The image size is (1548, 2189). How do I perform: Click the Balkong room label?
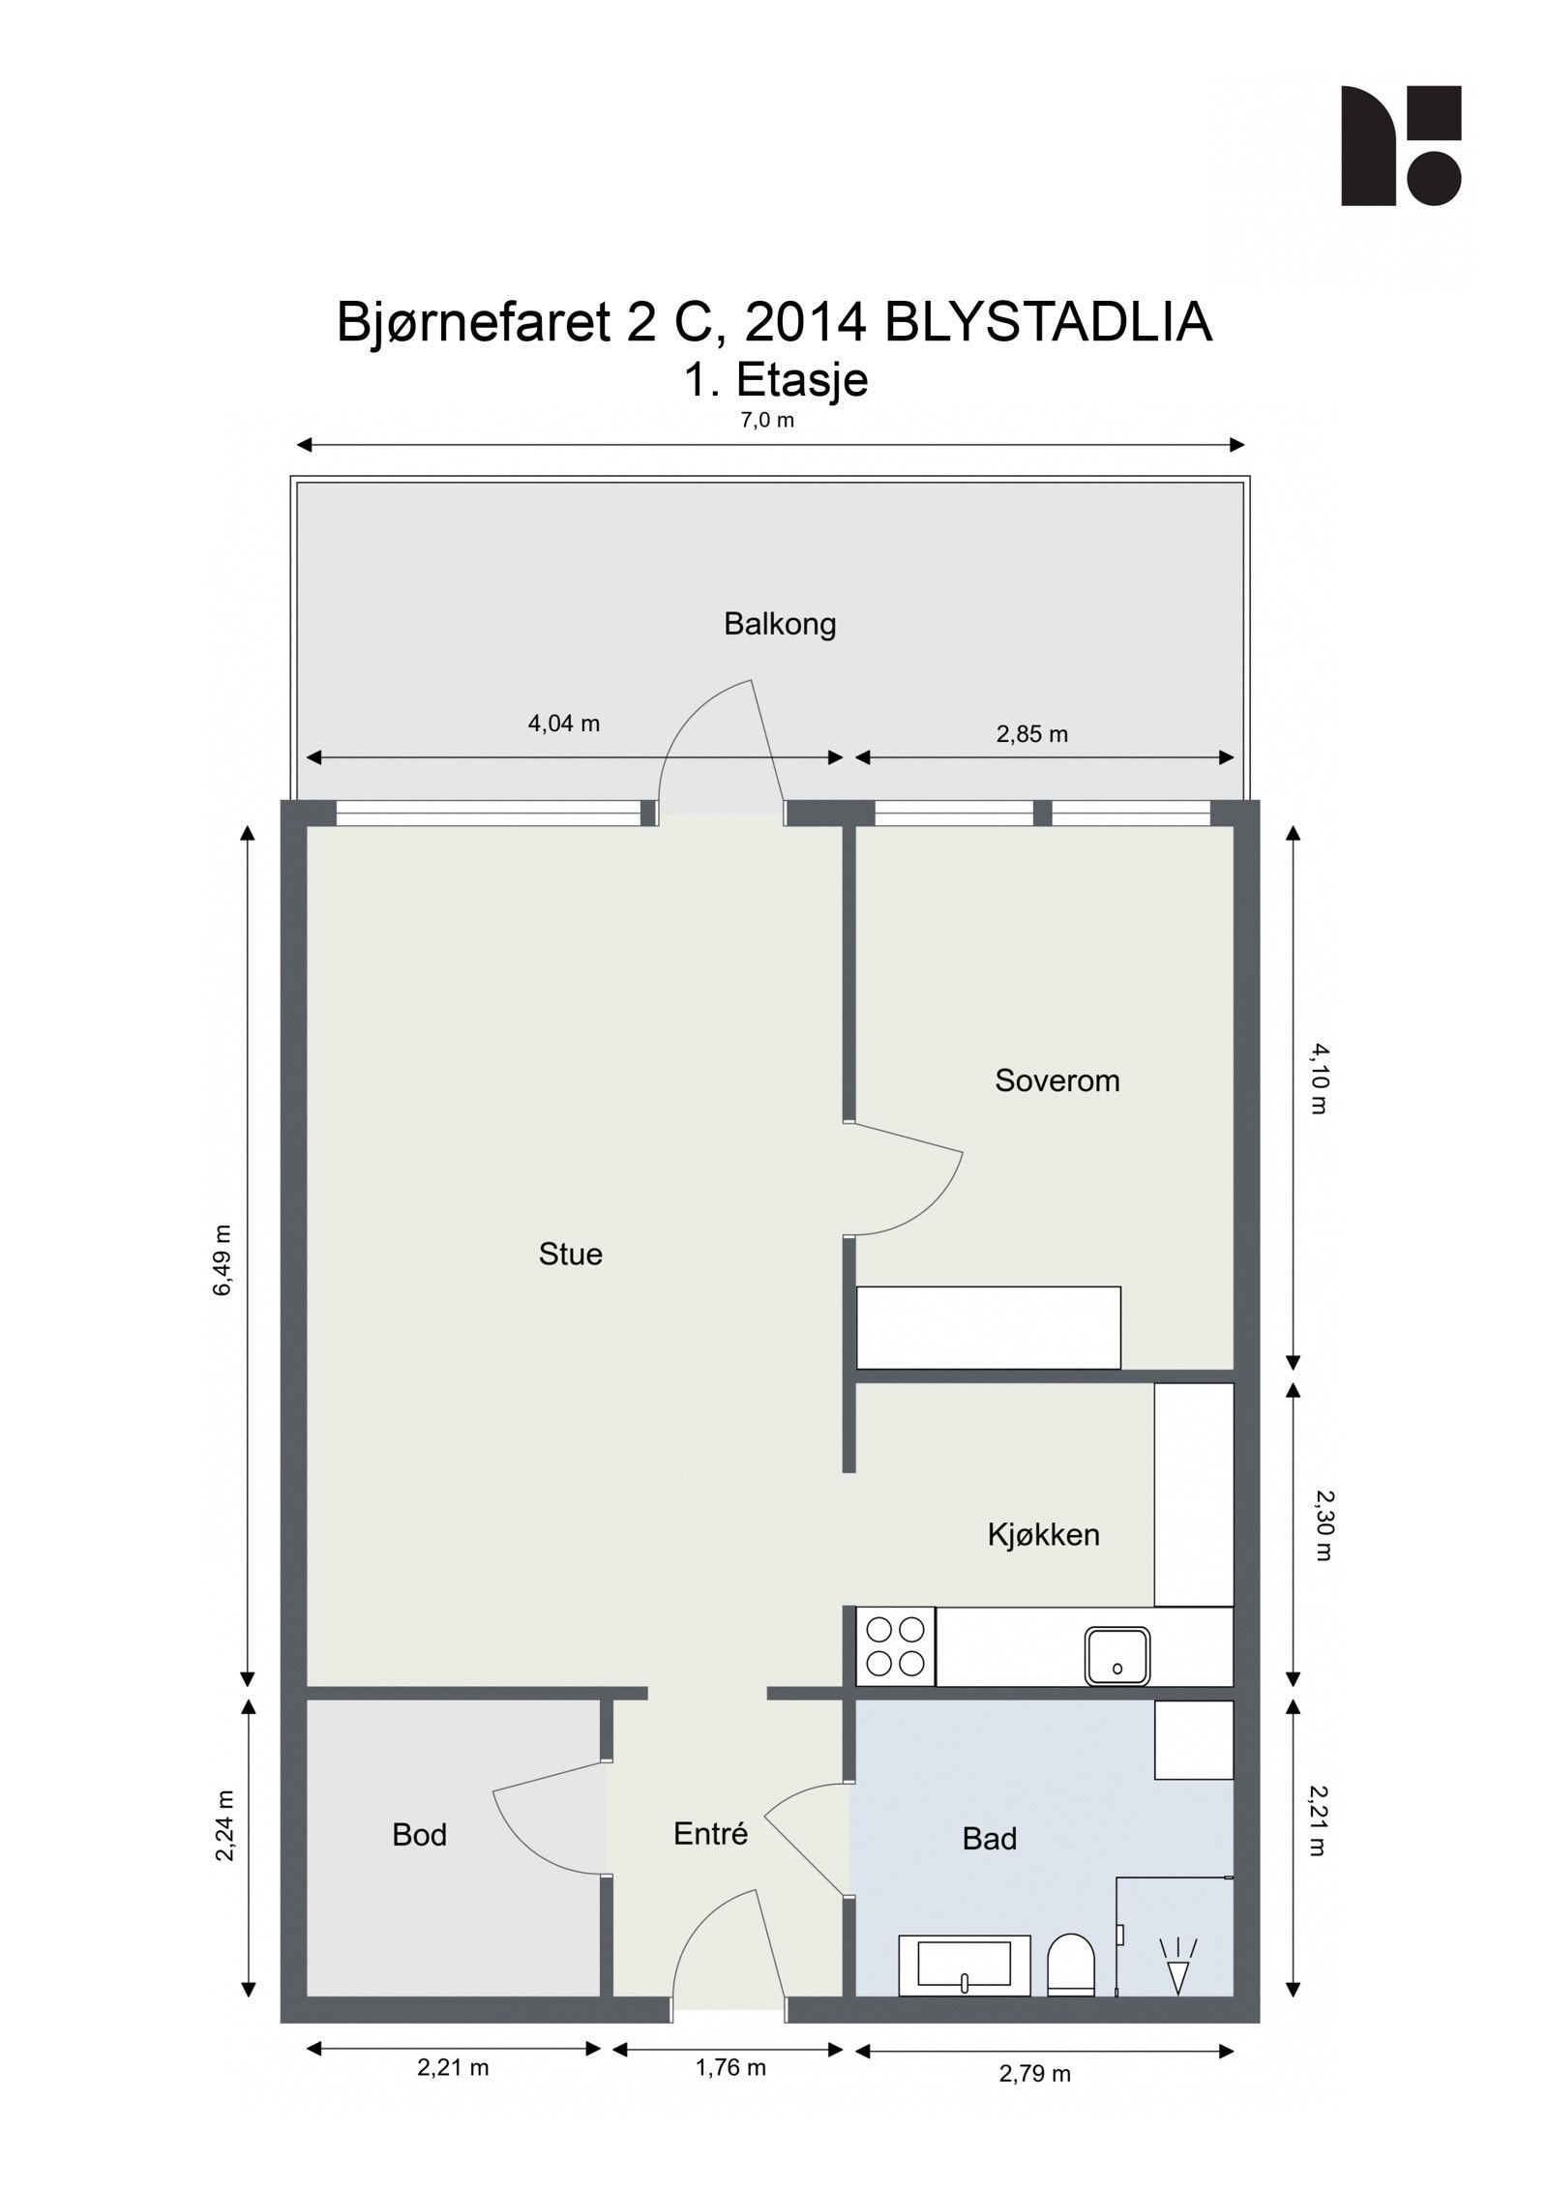click(779, 624)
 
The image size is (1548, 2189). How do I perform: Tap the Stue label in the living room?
click(570, 1255)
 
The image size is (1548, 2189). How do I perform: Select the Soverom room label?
click(1057, 1080)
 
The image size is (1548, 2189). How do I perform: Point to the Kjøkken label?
click(1043, 1535)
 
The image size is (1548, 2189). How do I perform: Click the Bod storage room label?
click(419, 1835)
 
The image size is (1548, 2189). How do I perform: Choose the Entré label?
click(710, 1834)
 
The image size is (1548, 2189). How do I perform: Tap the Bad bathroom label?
click(989, 1839)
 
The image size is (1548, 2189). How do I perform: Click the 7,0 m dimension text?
click(767, 420)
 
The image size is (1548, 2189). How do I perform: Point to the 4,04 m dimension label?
click(563, 724)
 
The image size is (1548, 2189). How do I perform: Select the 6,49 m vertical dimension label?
click(223, 1259)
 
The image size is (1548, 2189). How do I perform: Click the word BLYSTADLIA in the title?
click(1047, 322)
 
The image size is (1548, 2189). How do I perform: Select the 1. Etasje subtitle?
click(776, 380)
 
